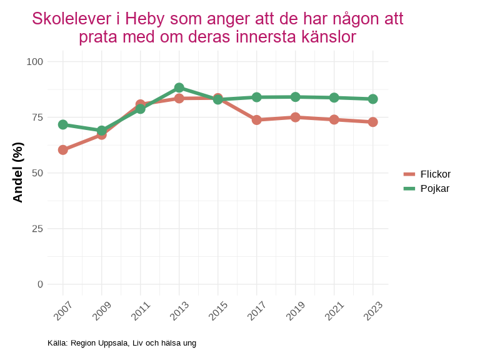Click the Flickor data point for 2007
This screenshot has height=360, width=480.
(x=63, y=150)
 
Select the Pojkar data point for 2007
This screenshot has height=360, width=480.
(x=63, y=124)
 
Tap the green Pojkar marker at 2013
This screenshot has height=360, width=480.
(x=179, y=87)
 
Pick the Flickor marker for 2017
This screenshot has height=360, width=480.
(x=257, y=120)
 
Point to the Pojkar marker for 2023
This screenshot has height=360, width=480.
(x=373, y=99)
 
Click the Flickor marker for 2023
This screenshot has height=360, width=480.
(x=373, y=122)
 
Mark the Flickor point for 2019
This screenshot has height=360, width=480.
(x=296, y=117)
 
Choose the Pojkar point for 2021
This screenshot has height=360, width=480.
(x=334, y=97)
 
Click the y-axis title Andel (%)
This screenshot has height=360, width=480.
(x=18, y=172)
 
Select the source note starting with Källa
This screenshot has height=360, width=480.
(x=122, y=342)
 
